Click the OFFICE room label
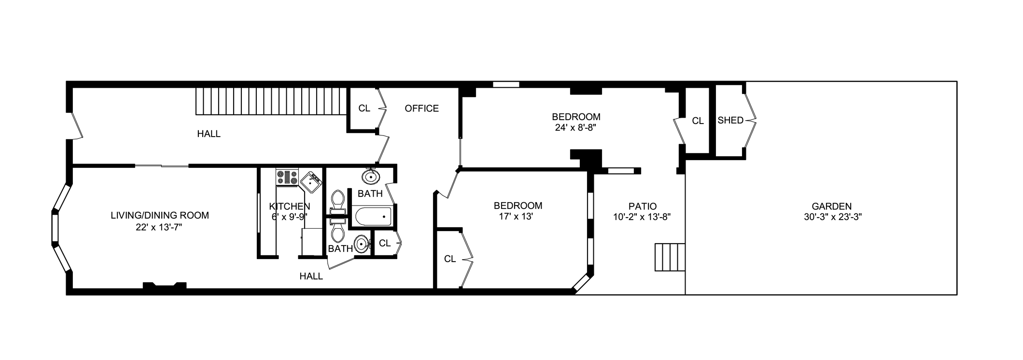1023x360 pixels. coord(421,109)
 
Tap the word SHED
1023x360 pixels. coord(730,120)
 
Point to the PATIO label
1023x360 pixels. coord(642,206)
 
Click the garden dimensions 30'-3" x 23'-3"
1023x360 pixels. coord(832,217)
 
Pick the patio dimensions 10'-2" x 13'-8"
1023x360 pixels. coord(642,217)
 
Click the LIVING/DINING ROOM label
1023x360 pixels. coord(160,215)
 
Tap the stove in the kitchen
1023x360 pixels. coord(287,177)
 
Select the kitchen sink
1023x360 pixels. coord(311,182)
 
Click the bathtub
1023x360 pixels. coord(373,217)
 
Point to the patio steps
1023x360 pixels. coord(670,257)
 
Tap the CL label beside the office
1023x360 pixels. coord(364,109)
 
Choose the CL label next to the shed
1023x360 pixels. coord(698,121)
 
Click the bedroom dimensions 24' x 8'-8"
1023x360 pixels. coord(576,128)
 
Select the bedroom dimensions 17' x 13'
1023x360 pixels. coord(516,217)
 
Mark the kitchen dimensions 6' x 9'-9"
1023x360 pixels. coord(289,217)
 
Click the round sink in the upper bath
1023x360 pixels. coord(370,177)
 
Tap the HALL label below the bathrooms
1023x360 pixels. coord(311,277)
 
